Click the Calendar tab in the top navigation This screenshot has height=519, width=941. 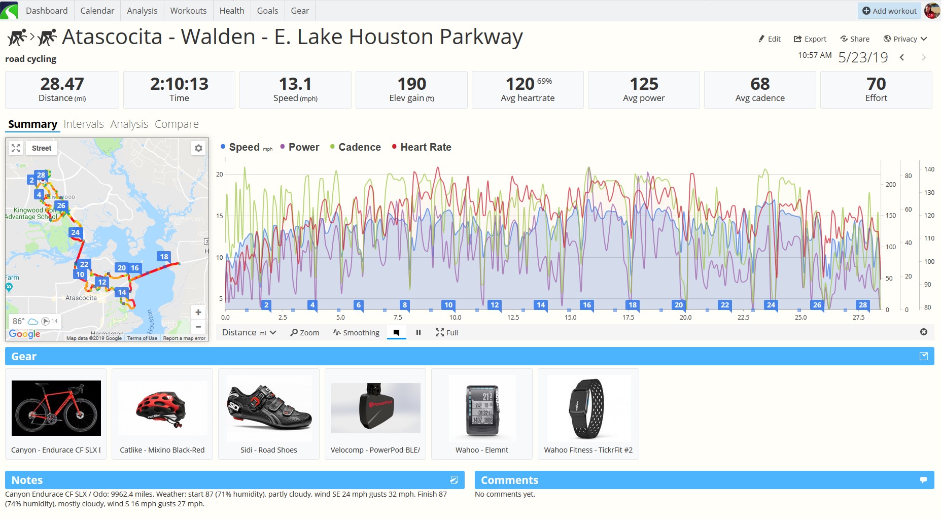[x=97, y=11]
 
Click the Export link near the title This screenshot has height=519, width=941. [x=810, y=39]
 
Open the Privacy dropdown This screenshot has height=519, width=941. [x=905, y=39]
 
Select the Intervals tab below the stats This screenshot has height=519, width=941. [x=84, y=124]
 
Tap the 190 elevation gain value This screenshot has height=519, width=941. [x=411, y=84]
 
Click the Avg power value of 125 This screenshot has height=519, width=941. [x=644, y=84]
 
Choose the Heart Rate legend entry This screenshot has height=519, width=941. [x=425, y=147]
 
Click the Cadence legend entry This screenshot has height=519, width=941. [x=359, y=147]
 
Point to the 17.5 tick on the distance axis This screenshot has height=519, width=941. [x=628, y=318]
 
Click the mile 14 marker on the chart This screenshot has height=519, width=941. [x=541, y=305]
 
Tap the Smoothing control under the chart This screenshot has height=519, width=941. [x=356, y=333]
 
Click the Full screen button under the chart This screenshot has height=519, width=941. [x=446, y=333]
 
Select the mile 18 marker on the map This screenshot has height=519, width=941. [x=164, y=257]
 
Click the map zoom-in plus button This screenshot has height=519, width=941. [x=198, y=313]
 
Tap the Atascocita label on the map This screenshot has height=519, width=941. [x=81, y=298]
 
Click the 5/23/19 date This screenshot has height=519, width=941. [x=863, y=57]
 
